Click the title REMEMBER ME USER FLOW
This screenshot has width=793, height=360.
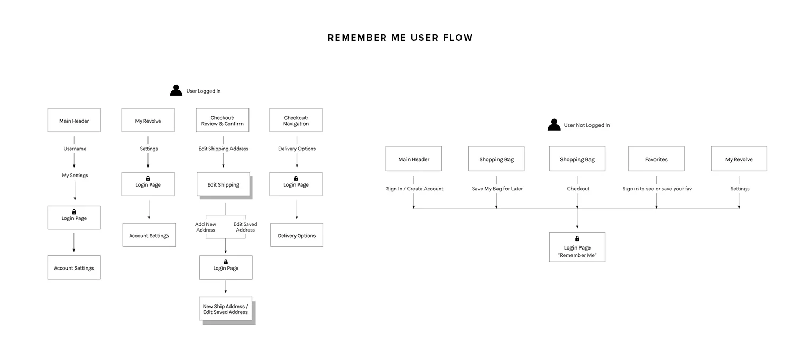400,38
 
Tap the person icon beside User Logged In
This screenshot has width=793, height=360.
176,90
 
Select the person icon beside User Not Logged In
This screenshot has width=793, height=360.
554,125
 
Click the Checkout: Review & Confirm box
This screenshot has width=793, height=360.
222,121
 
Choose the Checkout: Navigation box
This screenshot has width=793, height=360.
296,121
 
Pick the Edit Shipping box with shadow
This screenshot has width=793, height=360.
223,185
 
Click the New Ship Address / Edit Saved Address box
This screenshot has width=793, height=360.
226,309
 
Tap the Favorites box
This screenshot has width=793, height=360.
656,159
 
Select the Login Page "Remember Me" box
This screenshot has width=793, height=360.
577,247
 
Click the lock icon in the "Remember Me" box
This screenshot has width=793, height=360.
577,238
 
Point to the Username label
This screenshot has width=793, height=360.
75,149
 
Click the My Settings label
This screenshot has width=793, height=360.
75,175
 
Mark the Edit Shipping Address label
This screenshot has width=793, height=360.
223,149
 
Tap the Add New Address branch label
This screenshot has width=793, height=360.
206,227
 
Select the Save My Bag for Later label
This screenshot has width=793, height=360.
497,189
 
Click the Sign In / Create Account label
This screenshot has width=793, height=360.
414,189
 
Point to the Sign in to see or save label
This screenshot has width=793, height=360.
657,189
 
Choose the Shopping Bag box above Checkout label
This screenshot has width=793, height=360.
577,159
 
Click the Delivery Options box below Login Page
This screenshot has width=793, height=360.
297,236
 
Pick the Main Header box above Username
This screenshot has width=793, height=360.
74,121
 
